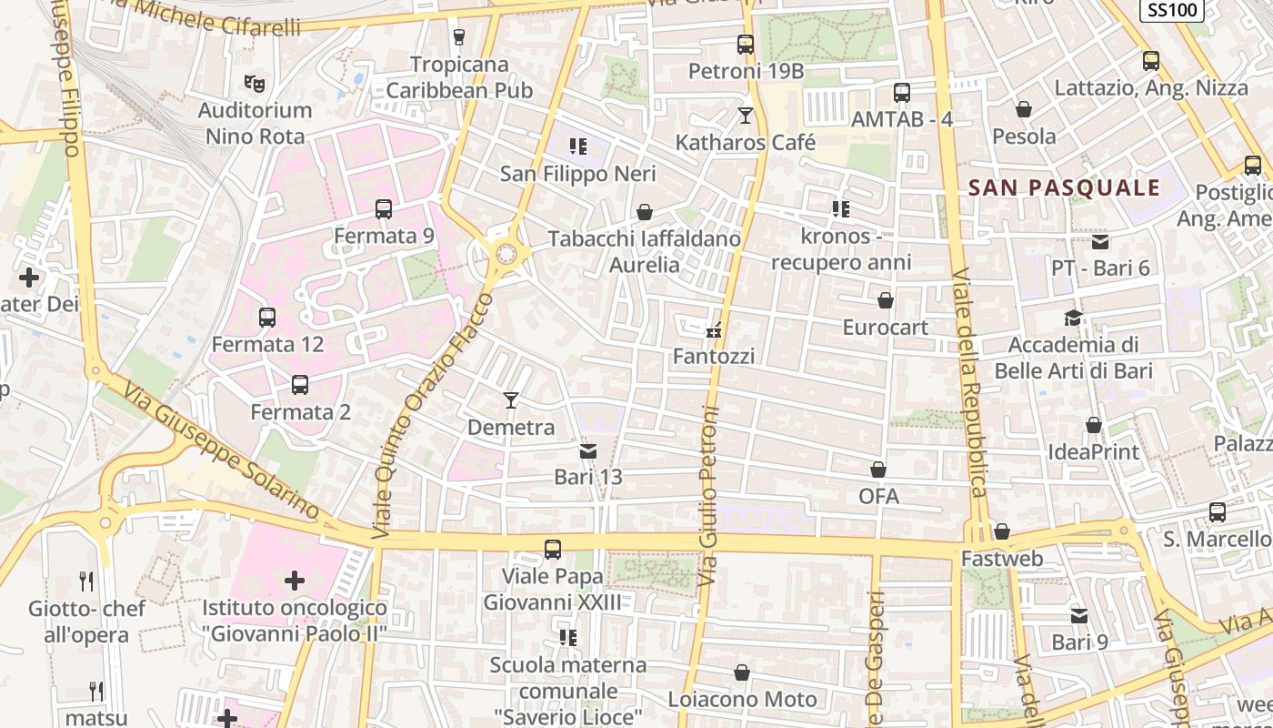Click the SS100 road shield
(x=1172, y=10)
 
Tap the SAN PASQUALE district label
(x=1064, y=188)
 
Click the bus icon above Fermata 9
(x=384, y=209)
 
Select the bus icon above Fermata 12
(x=267, y=318)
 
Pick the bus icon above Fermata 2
(x=300, y=385)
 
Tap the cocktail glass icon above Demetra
(x=511, y=400)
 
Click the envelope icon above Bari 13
(x=588, y=450)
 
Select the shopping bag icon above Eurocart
(x=886, y=300)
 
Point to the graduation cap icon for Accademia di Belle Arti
(x=1074, y=318)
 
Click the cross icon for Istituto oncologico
(x=295, y=580)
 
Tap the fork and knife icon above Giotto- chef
(x=86, y=581)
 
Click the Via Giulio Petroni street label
(x=709, y=496)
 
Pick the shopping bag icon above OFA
(x=878, y=470)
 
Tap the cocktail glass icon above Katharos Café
(x=746, y=116)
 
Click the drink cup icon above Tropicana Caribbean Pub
(x=458, y=37)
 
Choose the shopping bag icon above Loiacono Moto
(x=742, y=672)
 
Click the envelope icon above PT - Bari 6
(x=1100, y=242)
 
